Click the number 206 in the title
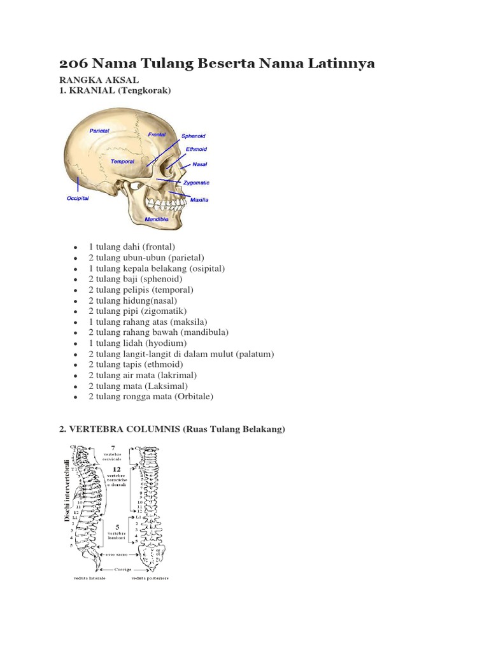[x=74, y=63]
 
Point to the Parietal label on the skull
[x=99, y=130]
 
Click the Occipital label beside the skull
[x=78, y=198]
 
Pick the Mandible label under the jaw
[x=155, y=219]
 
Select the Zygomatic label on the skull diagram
[x=196, y=183]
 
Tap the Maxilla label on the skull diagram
[x=199, y=200]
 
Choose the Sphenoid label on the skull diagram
[x=194, y=136]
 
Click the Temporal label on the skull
[x=122, y=162]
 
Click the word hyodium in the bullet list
[x=165, y=343]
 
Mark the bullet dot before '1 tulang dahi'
[x=75, y=246]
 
